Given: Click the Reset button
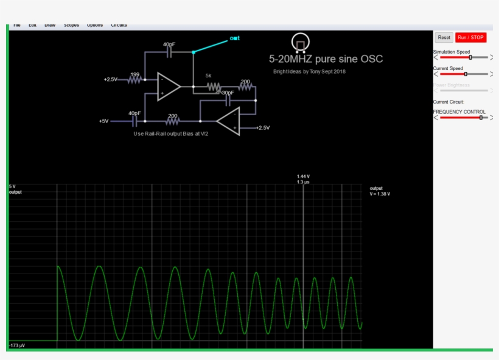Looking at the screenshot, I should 444,38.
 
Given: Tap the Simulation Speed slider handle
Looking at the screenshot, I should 470,57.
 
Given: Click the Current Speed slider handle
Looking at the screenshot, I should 466,74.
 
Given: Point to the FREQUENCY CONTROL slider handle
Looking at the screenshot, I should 481,118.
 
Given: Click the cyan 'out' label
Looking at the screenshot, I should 234,38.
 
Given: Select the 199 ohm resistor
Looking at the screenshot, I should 134,79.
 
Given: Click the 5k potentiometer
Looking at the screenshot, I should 212,87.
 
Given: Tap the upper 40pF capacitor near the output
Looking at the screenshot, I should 169,52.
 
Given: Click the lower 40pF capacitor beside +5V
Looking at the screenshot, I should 134,121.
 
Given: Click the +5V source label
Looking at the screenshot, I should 103,121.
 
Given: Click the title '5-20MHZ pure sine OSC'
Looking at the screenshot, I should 326,59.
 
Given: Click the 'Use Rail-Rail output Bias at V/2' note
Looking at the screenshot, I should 171,133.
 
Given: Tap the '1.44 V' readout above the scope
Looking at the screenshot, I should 303,176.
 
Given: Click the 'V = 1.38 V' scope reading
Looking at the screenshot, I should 380,194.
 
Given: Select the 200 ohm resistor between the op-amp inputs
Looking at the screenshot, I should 173,121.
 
